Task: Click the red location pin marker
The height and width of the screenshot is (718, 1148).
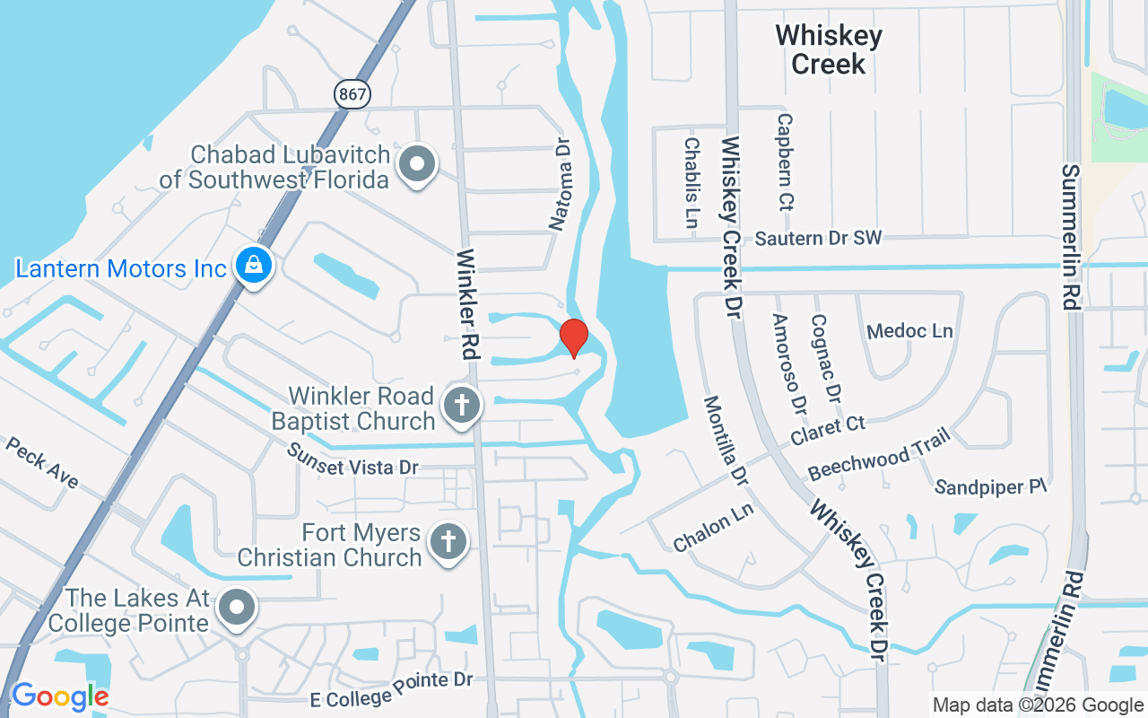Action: (574, 338)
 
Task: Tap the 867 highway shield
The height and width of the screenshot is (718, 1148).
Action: (352, 92)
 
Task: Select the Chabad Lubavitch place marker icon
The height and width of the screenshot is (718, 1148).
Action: (417, 165)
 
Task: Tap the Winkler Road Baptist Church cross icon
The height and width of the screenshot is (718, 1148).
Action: (462, 407)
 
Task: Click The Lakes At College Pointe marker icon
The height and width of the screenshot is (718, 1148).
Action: (238, 608)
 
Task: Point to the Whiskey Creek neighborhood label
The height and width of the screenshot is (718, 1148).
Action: (829, 49)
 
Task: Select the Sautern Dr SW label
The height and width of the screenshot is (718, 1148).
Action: (818, 238)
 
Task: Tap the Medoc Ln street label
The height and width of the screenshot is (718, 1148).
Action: (909, 331)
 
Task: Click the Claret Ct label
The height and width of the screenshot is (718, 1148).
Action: (828, 429)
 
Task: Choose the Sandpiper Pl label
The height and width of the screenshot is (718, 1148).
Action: (991, 486)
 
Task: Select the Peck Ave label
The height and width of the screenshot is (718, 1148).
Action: (42, 462)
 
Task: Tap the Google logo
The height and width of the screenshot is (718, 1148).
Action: (59, 696)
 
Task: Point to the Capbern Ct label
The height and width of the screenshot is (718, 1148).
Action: (785, 162)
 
